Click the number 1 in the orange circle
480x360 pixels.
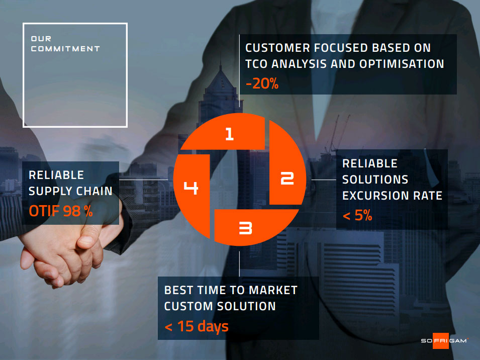point(230,134)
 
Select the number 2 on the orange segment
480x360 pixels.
point(287,178)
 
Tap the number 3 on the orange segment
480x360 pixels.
point(245,228)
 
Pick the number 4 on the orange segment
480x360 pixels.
point(190,188)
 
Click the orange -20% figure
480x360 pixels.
point(262,83)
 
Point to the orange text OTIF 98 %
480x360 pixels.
point(61,211)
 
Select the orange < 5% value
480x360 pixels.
point(357,215)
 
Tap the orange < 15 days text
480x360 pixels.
point(197,326)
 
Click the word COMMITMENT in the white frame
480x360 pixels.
point(65,49)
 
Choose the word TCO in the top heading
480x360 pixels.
point(256,64)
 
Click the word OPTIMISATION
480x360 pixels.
point(402,64)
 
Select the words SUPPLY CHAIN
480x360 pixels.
point(70,191)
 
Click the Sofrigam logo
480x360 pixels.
point(444,340)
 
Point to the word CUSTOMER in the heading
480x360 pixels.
point(277,48)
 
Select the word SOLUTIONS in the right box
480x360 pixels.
point(375,179)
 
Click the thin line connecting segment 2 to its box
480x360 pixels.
point(324,179)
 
